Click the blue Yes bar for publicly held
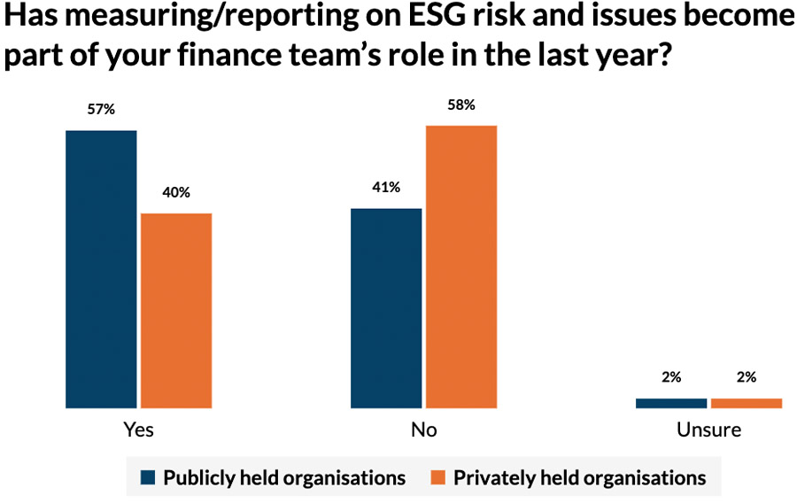[101, 269]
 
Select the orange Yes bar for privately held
[176, 311]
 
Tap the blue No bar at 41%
[386, 308]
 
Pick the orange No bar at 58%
[461, 267]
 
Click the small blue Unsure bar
[671, 403]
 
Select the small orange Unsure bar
[747, 403]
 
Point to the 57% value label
[101, 110]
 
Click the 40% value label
[176, 192]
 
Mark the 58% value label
[461, 104]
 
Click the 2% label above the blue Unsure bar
[671, 377]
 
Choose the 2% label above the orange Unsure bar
[747, 377]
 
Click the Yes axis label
[137, 430]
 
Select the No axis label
[423, 430]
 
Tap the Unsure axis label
[708, 430]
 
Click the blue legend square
[149, 478]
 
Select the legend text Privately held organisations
[579, 478]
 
